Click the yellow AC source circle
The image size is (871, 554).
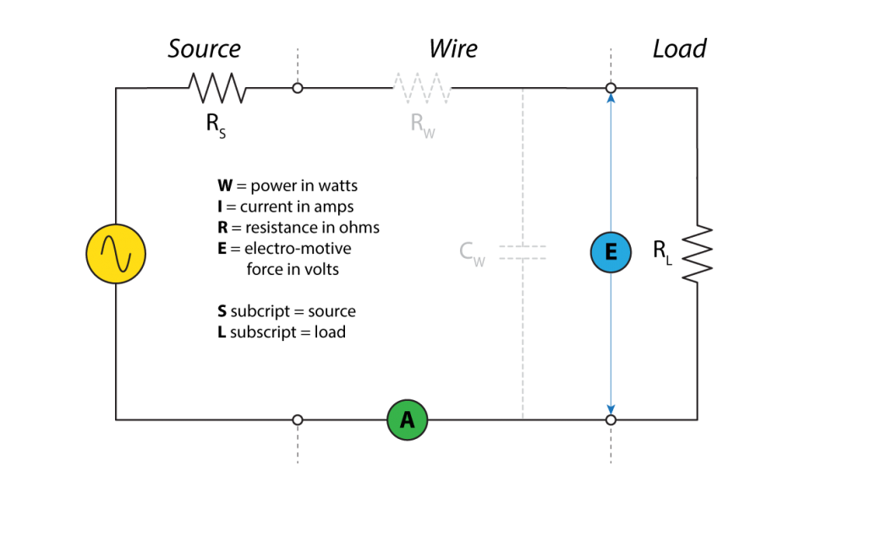[116, 254]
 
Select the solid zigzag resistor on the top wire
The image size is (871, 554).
[217, 88]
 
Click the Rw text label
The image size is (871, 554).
[422, 124]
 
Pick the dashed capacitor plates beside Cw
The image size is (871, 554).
[523, 252]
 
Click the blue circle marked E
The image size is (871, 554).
[611, 252]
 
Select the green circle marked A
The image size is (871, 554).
[408, 420]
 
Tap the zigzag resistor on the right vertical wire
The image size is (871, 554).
[698, 254]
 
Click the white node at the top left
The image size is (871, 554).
[298, 88]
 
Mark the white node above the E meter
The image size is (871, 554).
[611, 88]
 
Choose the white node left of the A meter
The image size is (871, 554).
[298, 420]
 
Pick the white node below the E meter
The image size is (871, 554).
[611, 420]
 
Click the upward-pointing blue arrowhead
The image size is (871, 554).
[611, 99]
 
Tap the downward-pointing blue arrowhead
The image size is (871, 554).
[611, 409]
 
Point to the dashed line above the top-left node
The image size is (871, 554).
[298, 64]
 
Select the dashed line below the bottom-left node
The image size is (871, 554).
[298, 444]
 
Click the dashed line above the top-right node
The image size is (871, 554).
[611, 64]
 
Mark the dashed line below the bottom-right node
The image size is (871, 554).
[611, 444]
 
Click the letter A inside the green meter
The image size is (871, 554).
[408, 420]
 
